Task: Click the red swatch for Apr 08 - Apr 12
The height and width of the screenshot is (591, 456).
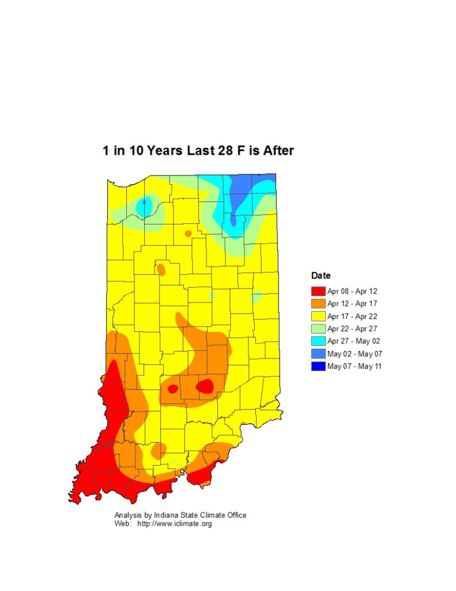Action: point(318,291)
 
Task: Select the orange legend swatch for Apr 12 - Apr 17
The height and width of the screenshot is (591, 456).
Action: point(318,304)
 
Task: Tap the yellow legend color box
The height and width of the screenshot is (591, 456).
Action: point(318,316)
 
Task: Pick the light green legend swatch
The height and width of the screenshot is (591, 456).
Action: point(318,329)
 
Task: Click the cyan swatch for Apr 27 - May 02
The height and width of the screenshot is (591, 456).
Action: point(318,341)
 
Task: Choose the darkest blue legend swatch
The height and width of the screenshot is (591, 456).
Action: point(318,366)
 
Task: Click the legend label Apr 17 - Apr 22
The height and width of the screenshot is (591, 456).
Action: point(352,316)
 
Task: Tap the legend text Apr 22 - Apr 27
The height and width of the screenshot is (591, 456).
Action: point(352,329)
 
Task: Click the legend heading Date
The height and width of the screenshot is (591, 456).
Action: point(321,276)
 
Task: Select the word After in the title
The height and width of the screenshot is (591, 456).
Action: point(278,151)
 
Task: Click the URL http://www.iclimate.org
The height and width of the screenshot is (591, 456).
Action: point(174,524)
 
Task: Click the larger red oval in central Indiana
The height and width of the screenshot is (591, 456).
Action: point(205,386)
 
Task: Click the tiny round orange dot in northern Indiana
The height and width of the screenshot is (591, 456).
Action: point(188,234)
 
